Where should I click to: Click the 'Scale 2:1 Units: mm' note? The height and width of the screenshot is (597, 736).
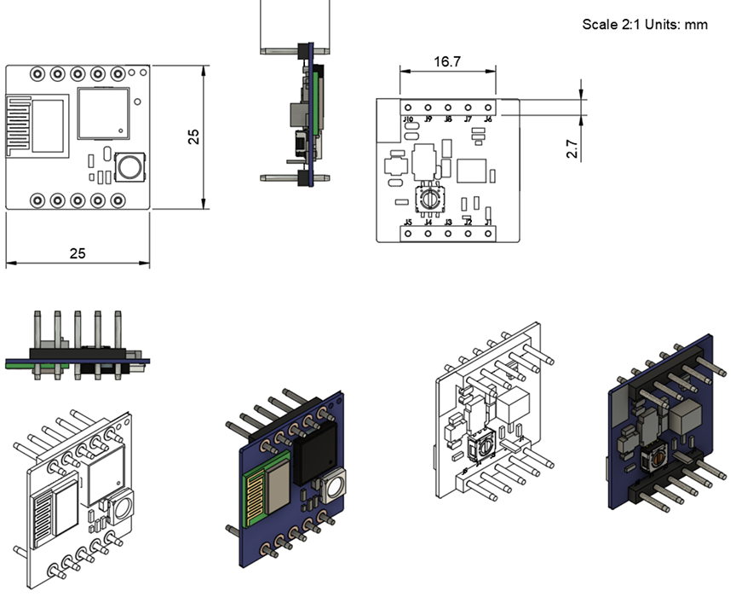tap(644, 24)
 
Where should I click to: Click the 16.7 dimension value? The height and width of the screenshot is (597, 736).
tap(447, 62)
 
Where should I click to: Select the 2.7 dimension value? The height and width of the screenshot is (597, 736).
tap(572, 150)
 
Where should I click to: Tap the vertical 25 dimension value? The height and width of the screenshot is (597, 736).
tap(194, 136)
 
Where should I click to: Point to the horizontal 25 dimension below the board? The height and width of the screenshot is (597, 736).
tap(78, 253)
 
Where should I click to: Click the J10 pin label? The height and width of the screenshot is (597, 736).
tap(408, 120)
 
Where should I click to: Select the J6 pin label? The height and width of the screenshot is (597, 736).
tap(488, 120)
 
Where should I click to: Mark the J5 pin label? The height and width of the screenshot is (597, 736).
tap(408, 223)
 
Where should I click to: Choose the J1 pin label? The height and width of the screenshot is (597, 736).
tap(488, 223)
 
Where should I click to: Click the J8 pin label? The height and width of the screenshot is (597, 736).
tap(448, 120)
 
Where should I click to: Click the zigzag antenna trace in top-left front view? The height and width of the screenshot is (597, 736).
tap(19, 126)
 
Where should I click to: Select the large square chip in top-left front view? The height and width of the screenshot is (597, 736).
tap(103, 112)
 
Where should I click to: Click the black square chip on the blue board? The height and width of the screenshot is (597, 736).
tap(313, 455)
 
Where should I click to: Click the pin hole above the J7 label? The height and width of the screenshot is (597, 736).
tap(468, 107)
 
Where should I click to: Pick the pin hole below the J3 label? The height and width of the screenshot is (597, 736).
tap(448, 233)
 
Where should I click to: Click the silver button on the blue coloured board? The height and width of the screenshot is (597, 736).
tap(333, 486)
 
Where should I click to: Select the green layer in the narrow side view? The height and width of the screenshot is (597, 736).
tap(316, 94)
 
